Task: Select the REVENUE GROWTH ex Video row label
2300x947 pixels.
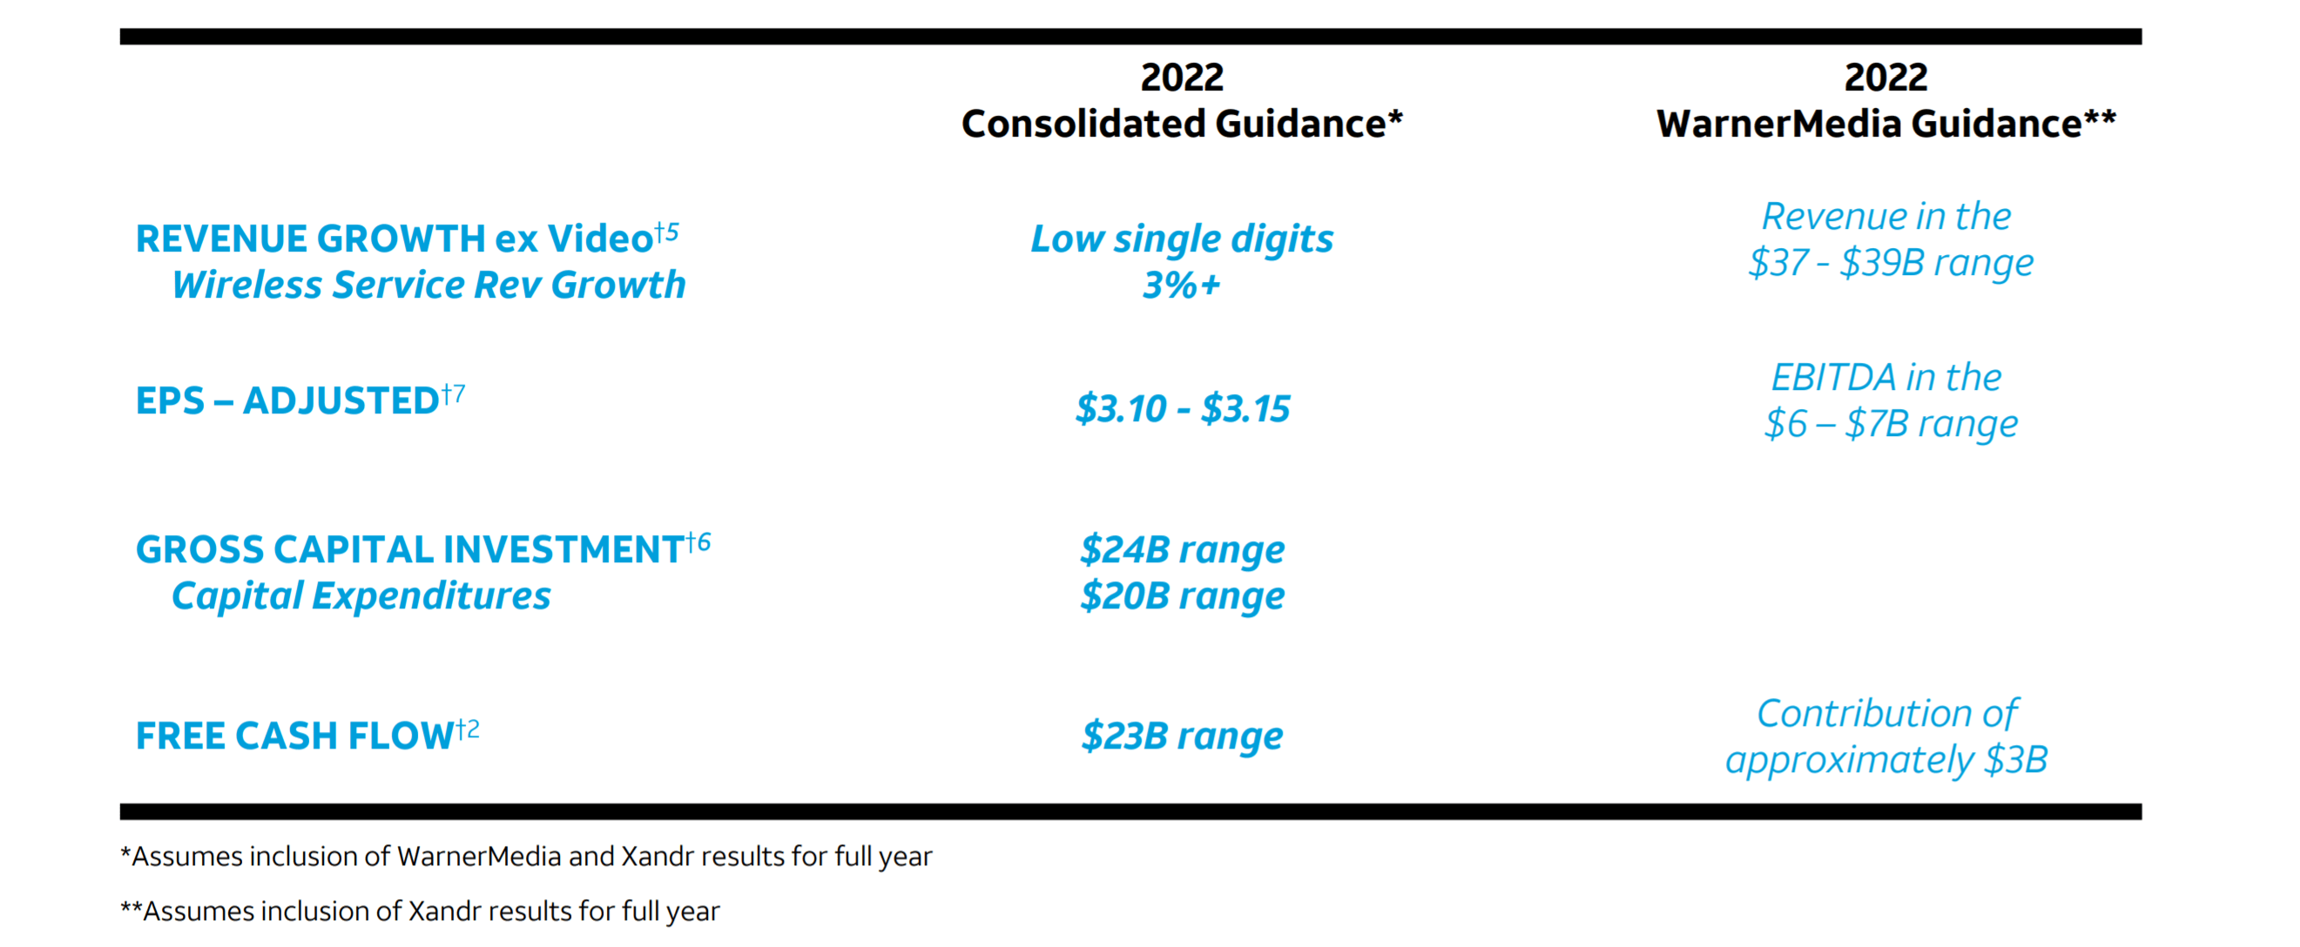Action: click(393, 239)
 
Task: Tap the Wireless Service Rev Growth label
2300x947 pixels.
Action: click(428, 285)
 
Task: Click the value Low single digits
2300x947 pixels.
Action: click(1181, 239)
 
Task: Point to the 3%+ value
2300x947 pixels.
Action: click(1181, 285)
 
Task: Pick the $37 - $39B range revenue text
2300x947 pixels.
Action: click(1890, 262)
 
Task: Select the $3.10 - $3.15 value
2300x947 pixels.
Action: click(1182, 409)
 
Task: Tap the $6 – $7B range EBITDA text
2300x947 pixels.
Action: click(1890, 424)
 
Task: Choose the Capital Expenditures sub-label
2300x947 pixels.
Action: click(361, 596)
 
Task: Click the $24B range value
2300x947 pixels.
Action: click(1182, 550)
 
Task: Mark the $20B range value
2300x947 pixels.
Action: click(1182, 596)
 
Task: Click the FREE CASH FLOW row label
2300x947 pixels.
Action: click(294, 736)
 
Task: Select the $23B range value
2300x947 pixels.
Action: click(1182, 736)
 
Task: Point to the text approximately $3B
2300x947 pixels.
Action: click(1885, 761)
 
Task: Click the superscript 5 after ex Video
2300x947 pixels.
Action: click(672, 231)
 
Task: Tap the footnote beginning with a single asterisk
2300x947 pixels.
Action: click(526, 856)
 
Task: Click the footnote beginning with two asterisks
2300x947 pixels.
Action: click(420, 911)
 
